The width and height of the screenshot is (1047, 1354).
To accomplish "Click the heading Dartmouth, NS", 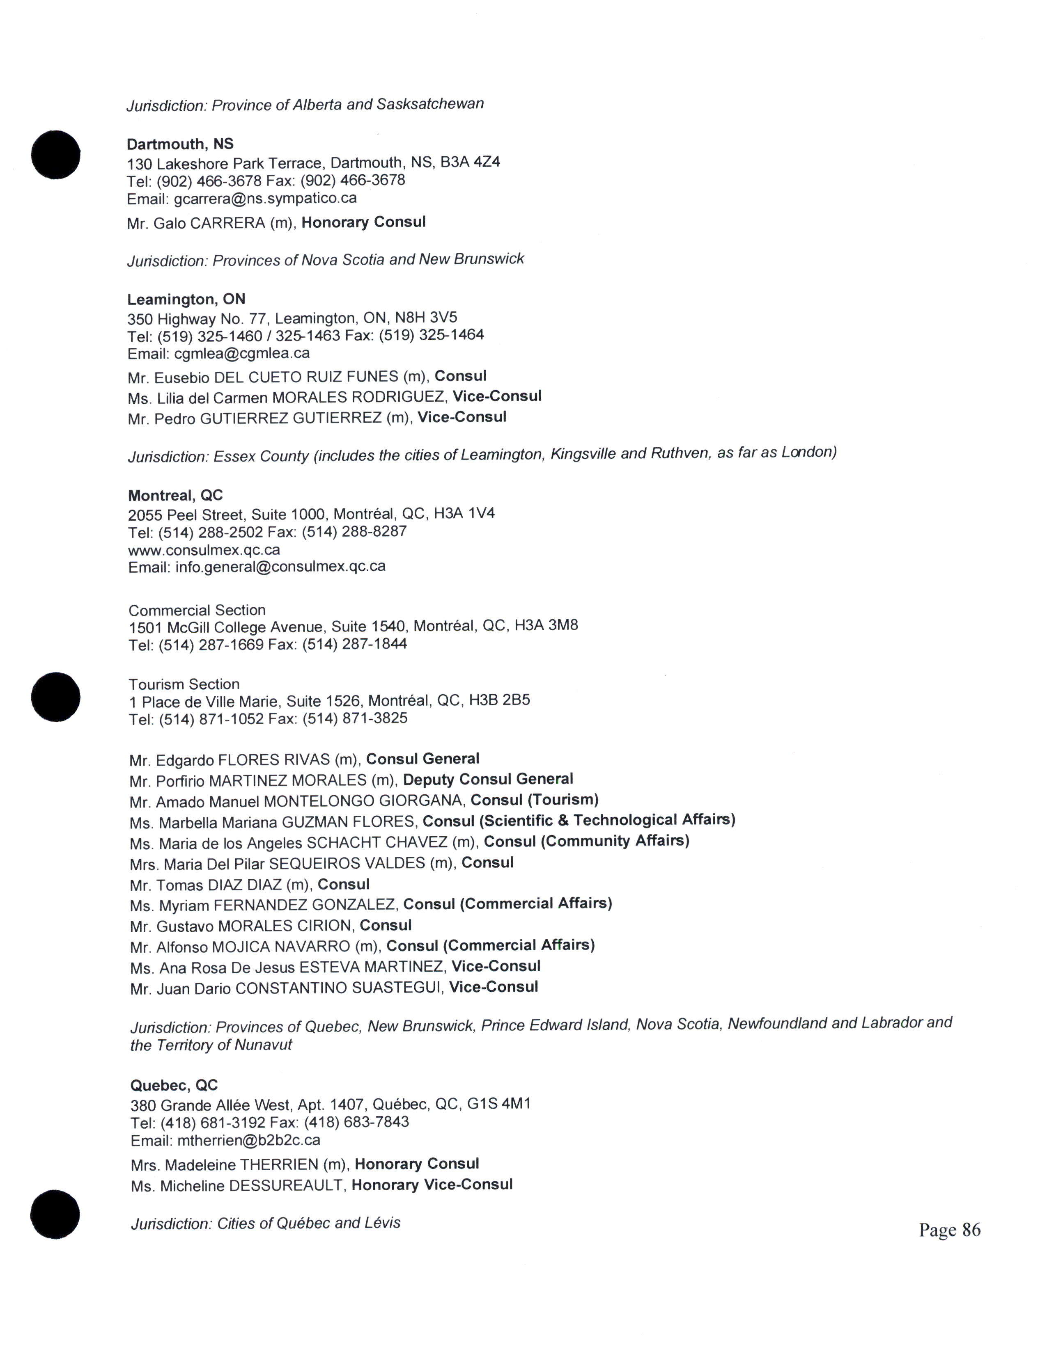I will pyautogui.click(x=180, y=144).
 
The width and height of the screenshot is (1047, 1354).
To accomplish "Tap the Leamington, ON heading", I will pyautogui.click(x=186, y=300).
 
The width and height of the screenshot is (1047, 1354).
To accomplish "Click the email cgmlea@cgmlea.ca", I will pyautogui.click(x=241, y=353).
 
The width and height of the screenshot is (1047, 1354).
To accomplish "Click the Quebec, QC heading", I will pyautogui.click(x=174, y=1085).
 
